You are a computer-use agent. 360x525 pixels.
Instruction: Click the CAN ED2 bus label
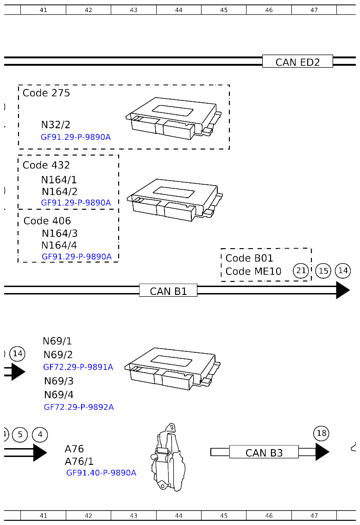click(x=297, y=62)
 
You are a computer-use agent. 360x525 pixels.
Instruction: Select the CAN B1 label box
click(x=168, y=291)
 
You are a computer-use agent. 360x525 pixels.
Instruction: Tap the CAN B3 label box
click(x=264, y=452)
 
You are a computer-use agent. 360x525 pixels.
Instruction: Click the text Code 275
click(x=46, y=93)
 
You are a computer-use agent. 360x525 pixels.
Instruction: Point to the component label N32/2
click(x=56, y=125)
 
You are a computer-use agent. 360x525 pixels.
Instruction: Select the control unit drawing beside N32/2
click(x=174, y=118)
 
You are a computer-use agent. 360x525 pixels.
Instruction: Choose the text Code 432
click(x=46, y=165)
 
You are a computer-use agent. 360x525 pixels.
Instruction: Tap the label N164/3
click(x=59, y=233)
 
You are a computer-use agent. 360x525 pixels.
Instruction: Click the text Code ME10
click(x=253, y=271)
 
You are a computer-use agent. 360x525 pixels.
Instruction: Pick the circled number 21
click(x=301, y=271)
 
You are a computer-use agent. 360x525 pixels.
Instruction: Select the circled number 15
click(x=323, y=271)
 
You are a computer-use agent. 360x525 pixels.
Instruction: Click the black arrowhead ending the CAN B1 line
click(x=342, y=290)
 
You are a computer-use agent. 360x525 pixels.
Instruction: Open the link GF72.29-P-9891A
click(x=78, y=367)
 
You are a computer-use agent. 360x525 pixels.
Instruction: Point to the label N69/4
click(x=58, y=395)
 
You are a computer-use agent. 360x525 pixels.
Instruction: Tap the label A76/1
click(x=79, y=462)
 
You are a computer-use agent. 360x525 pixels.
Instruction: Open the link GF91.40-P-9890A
click(x=101, y=473)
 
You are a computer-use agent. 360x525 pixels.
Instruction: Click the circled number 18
click(x=321, y=433)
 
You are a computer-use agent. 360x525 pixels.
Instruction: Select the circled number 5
click(x=20, y=434)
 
